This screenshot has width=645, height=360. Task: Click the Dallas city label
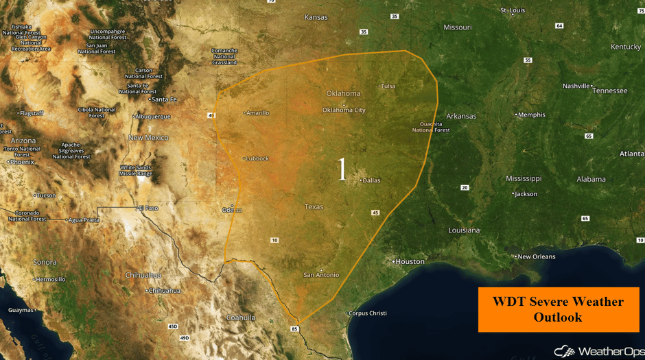pyautogui.click(x=371, y=180)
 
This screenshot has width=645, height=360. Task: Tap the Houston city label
pyautogui.click(x=410, y=261)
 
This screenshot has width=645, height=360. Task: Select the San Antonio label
pyautogui.click(x=321, y=275)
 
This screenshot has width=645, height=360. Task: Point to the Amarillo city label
pyautogui.click(x=258, y=112)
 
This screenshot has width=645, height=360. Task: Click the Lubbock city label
pyautogui.click(x=257, y=158)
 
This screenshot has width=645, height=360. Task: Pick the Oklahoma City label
pyautogui.click(x=344, y=110)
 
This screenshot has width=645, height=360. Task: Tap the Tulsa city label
pyautogui.click(x=388, y=86)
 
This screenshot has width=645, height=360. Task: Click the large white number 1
pyautogui.click(x=342, y=169)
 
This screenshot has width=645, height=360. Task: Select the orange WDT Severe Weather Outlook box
pyautogui.click(x=558, y=309)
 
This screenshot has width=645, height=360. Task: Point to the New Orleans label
pyautogui.click(x=536, y=256)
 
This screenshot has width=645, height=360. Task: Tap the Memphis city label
pyautogui.click(x=532, y=115)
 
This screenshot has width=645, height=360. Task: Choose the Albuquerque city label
pyautogui.click(x=152, y=116)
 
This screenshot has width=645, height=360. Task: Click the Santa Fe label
pyautogui.click(x=164, y=99)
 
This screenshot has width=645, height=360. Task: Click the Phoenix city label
pyautogui.click(x=22, y=162)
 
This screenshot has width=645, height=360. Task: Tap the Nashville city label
pyautogui.click(x=576, y=86)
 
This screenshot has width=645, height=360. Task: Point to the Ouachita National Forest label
pyautogui.click(x=431, y=127)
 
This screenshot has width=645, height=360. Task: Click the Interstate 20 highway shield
pyautogui.click(x=465, y=187)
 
